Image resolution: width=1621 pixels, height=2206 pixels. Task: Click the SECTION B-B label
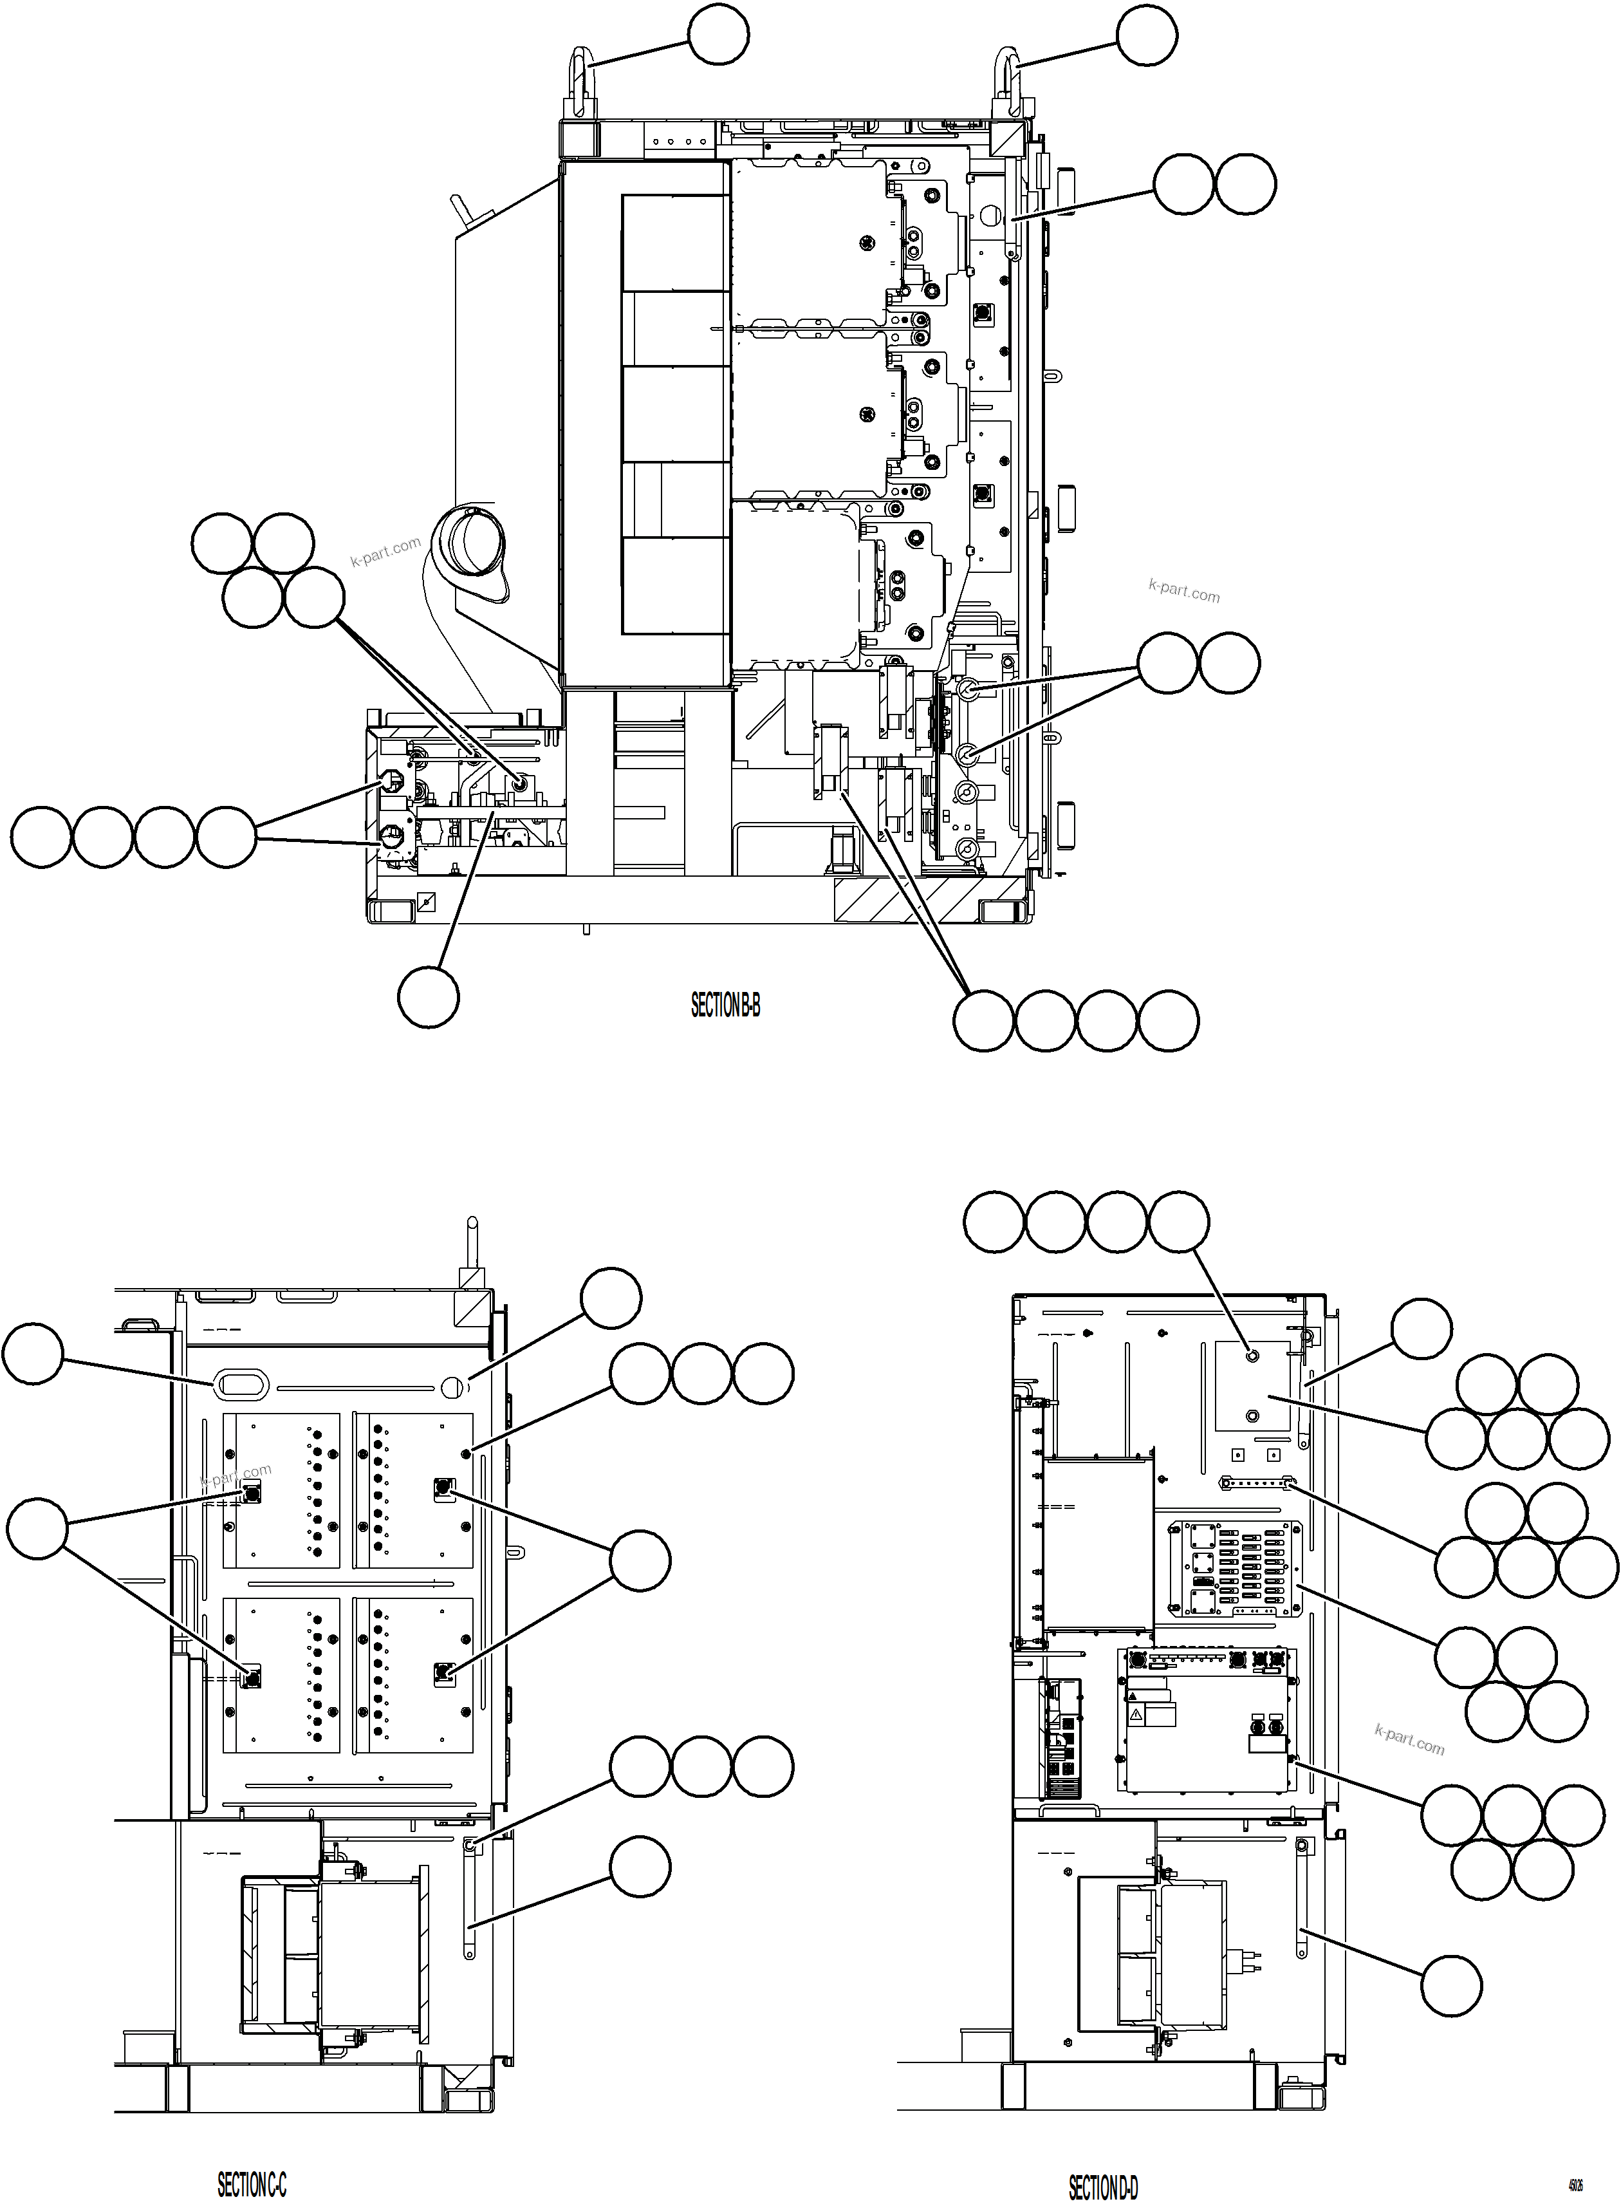[x=725, y=1006]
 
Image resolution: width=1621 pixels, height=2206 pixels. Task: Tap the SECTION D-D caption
[x=1103, y=2161]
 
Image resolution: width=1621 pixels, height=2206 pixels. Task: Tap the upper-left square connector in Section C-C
[x=251, y=1493]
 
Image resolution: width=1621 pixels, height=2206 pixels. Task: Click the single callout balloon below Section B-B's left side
[x=428, y=997]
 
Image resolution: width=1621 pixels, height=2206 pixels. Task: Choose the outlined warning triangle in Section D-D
[x=1135, y=1714]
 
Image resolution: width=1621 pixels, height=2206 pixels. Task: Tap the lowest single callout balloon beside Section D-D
[x=1450, y=1984]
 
